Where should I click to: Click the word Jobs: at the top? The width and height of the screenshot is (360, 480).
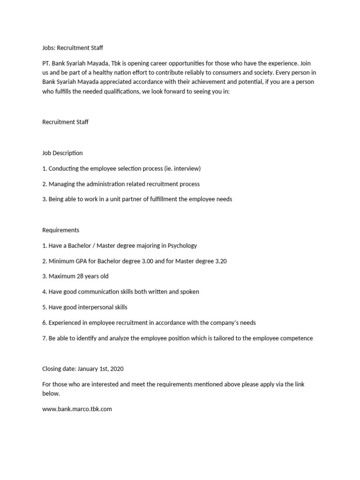coord(49,47)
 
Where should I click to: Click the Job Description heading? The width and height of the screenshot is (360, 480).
coord(62,153)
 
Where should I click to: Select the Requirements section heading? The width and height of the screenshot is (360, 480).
coord(61,230)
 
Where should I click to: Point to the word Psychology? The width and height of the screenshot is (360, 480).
coord(181,246)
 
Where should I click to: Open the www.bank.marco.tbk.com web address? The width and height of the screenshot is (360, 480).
coord(77,409)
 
